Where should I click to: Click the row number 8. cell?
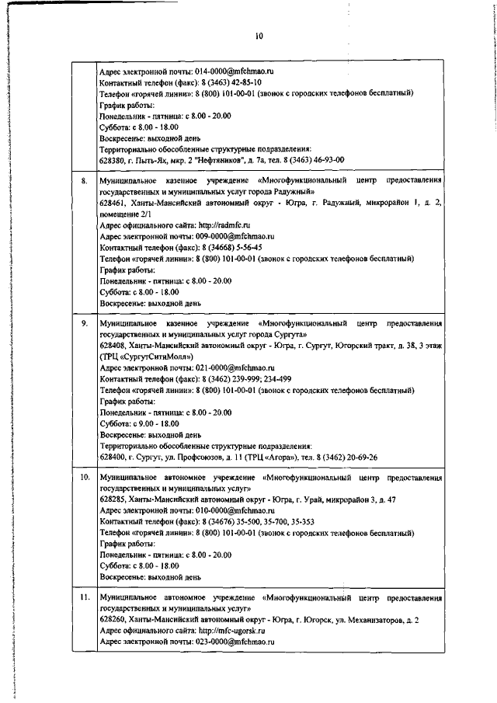[x=84, y=180]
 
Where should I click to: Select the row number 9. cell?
[x=84, y=322]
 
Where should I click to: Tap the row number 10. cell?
[x=85, y=477]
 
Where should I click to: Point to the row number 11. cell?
[x=85, y=597]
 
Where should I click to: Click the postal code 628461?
[x=113, y=203]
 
